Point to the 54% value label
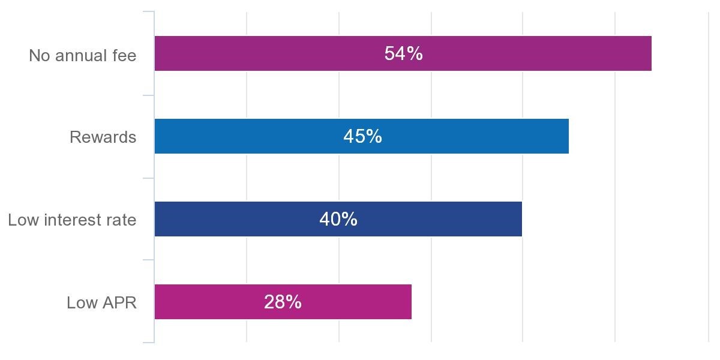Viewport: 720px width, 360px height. [403, 53]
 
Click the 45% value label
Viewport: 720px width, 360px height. [362, 136]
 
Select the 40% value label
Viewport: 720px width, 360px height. [338, 219]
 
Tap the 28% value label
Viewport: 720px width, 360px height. [283, 302]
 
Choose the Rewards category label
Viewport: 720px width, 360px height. [103, 137]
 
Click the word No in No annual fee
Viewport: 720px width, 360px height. [39, 56]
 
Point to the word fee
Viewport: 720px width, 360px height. [124, 56]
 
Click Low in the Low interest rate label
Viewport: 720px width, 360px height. [22, 220]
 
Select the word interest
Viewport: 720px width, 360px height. [72, 220]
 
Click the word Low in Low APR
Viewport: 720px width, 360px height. [80, 303]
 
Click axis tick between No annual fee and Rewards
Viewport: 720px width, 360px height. [148, 95]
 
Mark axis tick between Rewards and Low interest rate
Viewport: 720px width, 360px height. [148, 178]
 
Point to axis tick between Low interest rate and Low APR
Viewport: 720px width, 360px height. [148, 260]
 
